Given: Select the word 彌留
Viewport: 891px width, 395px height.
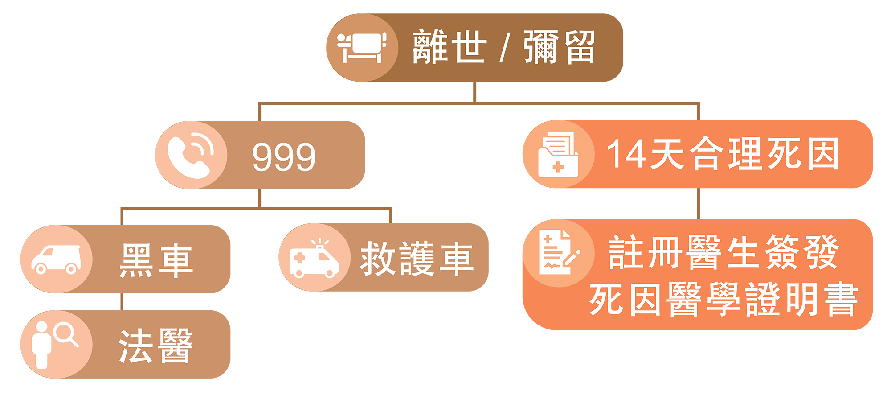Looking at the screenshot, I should tap(559, 47).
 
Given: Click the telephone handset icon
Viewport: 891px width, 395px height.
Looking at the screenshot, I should tap(191, 156).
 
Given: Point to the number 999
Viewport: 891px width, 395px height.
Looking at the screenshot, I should tap(284, 157).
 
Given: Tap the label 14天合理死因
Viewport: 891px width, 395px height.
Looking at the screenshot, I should tap(723, 154).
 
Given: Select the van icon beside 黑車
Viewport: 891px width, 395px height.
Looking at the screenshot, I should tap(56, 259).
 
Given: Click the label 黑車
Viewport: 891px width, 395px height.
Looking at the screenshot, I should tap(156, 261).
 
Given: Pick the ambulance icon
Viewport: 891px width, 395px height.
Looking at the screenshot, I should tap(314, 259).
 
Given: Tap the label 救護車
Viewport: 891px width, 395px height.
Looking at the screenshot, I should tap(417, 259).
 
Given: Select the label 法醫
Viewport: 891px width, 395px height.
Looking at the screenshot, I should tap(156, 346).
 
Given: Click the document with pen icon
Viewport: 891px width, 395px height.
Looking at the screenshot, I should tap(558, 253).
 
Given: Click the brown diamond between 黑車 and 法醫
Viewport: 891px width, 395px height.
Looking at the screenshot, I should tap(122, 302).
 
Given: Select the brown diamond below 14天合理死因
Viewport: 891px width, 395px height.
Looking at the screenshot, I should tap(699, 204).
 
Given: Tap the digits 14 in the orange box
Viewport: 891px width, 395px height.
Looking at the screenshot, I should tap(626, 154).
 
